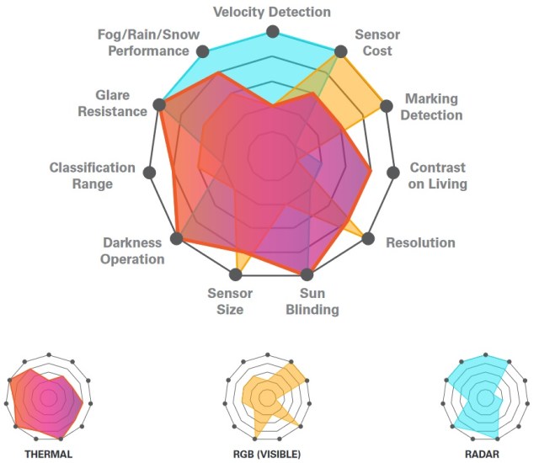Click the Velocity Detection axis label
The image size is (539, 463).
pyautogui.click(x=271, y=12)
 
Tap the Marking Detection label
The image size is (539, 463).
pyautogui.click(x=430, y=107)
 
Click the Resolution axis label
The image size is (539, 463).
pyautogui.click(x=420, y=243)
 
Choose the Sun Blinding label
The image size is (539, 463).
pyautogui.click(x=319, y=301)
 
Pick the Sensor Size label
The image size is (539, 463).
pyautogui.click(x=225, y=301)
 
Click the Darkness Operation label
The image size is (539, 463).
pyautogui.click(x=132, y=251)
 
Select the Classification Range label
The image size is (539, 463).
pyautogui.click(x=93, y=176)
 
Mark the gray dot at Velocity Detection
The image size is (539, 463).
pyautogui.click(x=272, y=31)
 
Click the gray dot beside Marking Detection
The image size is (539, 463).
pyautogui.click(x=387, y=106)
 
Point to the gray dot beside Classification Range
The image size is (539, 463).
pyautogui.click(x=150, y=173)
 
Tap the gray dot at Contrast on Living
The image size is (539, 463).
pyautogui.click(x=392, y=173)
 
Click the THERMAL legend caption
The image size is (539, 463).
pyautogui.click(x=48, y=454)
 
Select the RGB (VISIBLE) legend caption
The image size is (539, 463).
pyautogui.click(x=266, y=454)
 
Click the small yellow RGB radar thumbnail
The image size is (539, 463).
pyautogui.click(x=268, y=396)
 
